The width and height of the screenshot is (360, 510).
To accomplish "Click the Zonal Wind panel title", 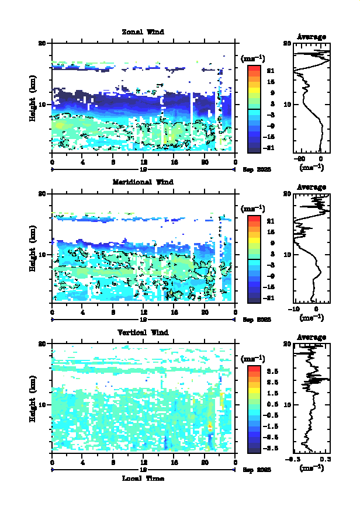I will [143, 32].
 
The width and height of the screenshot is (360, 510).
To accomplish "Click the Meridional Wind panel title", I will [143, 182].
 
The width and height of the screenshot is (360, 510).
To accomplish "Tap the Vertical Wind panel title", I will [143, 332].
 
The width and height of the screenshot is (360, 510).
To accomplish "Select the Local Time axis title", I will [143, 478].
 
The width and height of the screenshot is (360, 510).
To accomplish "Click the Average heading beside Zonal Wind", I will [311, 37].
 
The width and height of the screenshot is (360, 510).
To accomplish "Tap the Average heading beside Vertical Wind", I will [311, 337].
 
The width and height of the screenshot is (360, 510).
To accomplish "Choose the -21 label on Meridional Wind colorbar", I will [271, 298].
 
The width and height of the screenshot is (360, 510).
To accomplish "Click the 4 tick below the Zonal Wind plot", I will [83, 162].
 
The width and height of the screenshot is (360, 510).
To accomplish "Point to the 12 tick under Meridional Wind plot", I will [144, 313].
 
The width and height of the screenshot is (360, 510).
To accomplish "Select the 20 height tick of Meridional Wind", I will [42, 193].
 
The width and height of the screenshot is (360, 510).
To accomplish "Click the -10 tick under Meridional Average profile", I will [296, 309].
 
